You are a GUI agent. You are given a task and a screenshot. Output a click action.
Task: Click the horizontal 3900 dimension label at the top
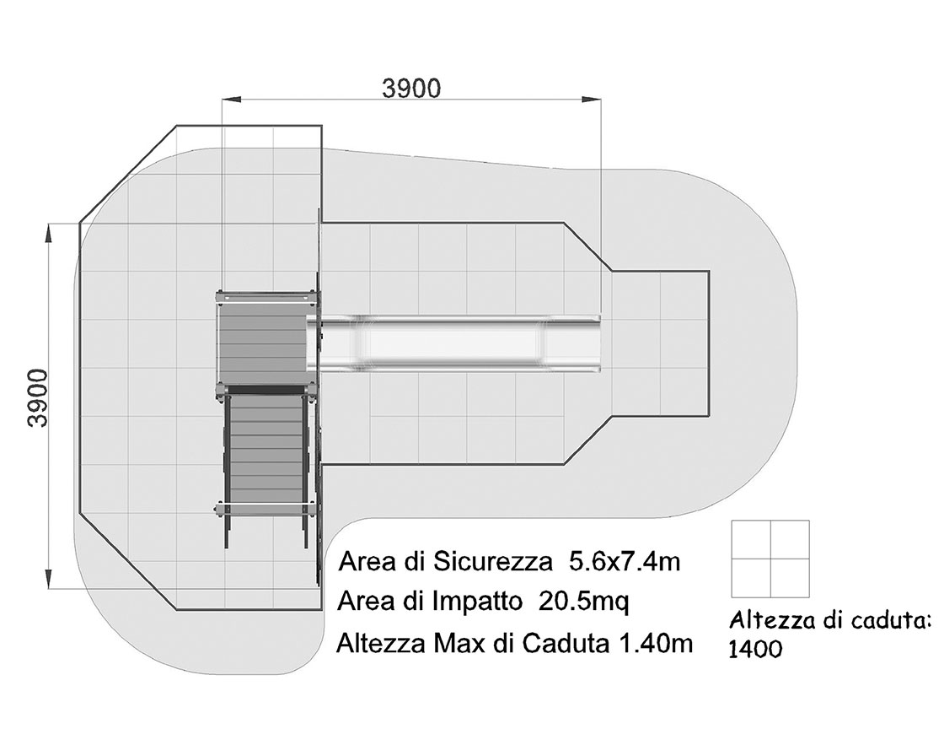click(412, 89)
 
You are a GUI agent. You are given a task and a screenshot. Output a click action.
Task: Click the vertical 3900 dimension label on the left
click(38, 398)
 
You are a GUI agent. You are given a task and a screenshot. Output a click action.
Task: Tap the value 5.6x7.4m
click(625, 562)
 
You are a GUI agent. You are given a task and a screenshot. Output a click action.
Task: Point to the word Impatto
click(477, 602)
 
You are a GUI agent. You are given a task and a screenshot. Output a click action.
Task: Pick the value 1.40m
click(656, 644)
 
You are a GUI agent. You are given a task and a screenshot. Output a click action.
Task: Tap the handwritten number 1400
click(755, 650)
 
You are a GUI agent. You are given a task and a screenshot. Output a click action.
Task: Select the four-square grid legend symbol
click(770, 559)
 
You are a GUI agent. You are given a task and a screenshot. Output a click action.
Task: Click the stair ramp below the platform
click(265, 452)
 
